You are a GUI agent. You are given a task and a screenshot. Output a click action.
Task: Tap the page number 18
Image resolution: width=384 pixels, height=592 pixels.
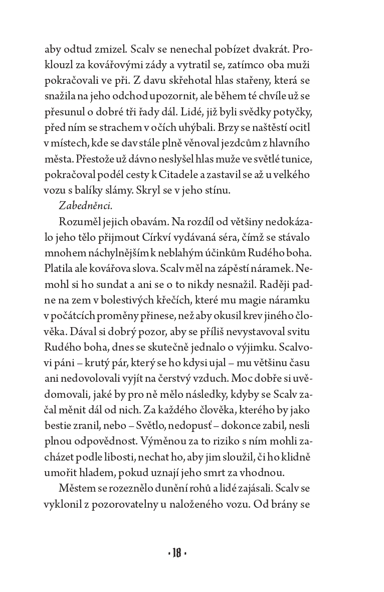pyautogui.click(x=176, y=554)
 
